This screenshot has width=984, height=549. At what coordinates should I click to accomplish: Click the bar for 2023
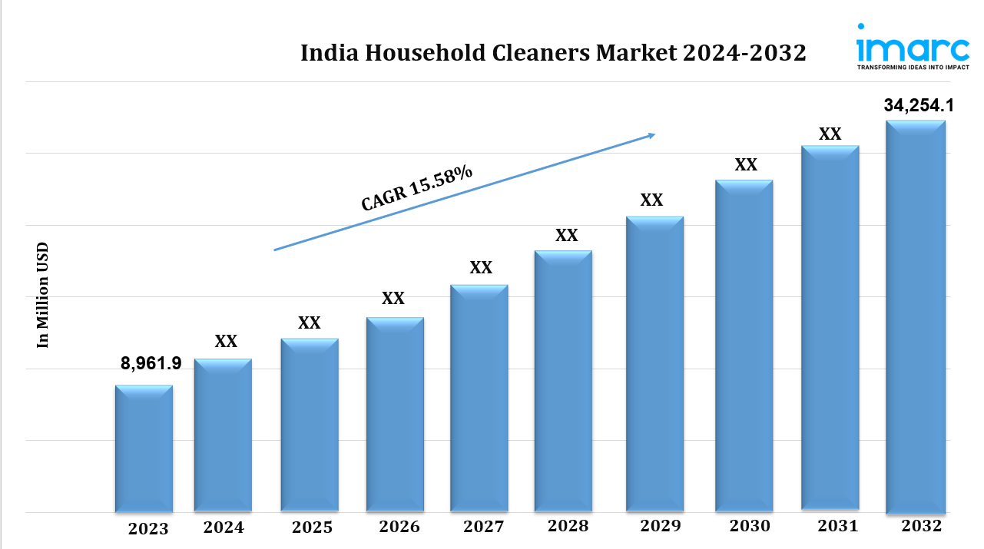(144, 448)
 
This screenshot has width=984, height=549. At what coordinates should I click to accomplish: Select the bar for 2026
(395, 415)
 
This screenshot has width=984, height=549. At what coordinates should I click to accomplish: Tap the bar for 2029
(654, 364)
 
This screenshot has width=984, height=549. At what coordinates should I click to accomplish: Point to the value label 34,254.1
(914, 106)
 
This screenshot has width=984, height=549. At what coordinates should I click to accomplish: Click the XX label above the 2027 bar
(481, 268)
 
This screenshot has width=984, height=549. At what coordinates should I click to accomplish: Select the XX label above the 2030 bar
(746, 165)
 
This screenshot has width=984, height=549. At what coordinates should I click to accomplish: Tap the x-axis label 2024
(224, 528)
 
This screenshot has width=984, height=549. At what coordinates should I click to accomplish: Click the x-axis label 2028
(568, 526)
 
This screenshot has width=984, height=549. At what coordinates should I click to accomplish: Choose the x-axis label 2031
(837, 526)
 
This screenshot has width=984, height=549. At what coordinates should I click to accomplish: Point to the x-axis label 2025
(312, 528)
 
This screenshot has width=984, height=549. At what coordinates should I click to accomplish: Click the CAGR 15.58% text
(417, 188)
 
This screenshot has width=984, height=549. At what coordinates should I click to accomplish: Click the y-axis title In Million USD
(43, 295)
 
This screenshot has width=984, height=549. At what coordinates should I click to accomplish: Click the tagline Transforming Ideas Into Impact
(913, 68)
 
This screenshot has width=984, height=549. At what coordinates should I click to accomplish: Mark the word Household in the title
(416, 53)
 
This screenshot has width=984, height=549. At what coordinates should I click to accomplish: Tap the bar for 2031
(830, 327)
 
